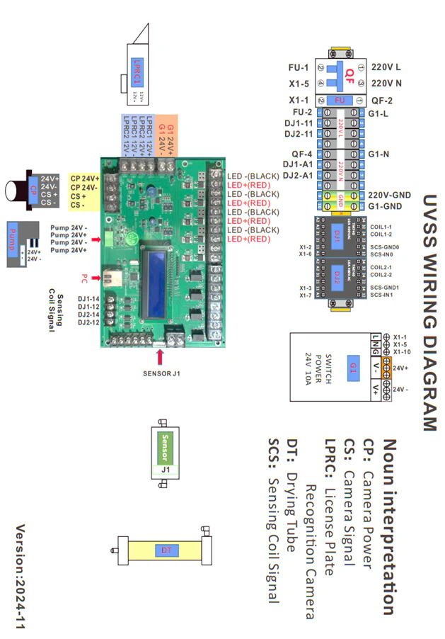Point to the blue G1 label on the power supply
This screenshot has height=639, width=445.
[x=353, y=366]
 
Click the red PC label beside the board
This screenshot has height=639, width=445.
[x=84, y=278]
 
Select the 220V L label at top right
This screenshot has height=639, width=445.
[x=386, y=67]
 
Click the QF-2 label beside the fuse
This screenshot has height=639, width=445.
[x=382, y=101]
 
